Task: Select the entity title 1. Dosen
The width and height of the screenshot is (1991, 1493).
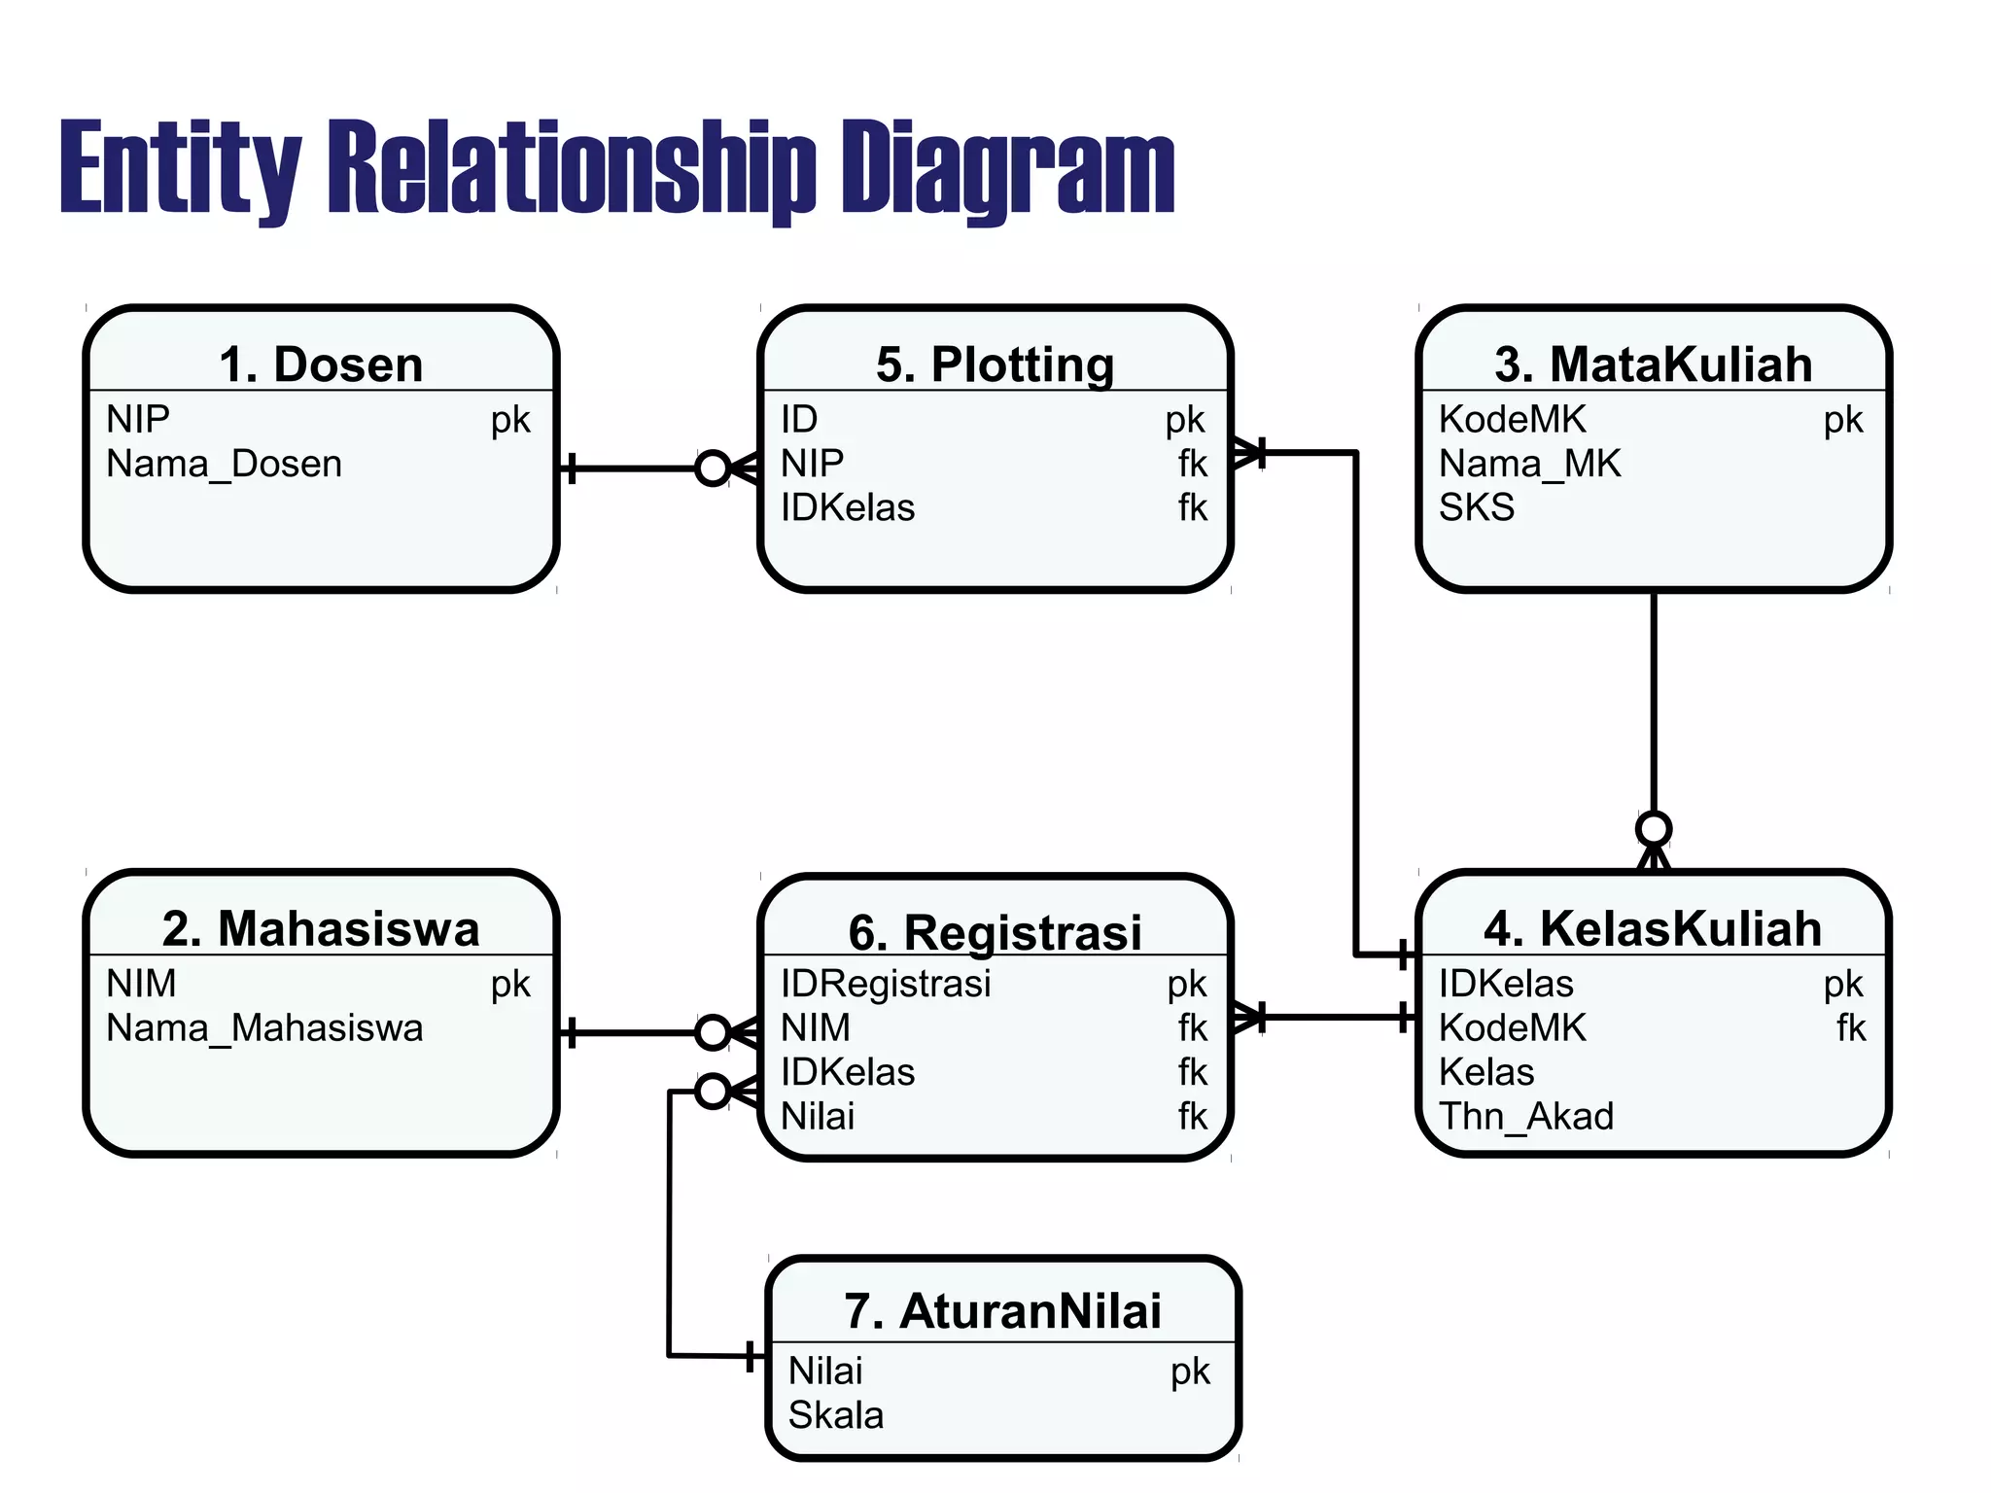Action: point(321,365)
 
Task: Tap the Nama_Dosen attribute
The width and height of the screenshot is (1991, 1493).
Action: point(224,464)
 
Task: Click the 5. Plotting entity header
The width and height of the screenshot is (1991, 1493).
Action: point(995,365)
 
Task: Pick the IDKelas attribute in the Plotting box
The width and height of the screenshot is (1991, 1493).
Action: point(848,507)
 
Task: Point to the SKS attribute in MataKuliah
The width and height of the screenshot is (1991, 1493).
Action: point(1476,507)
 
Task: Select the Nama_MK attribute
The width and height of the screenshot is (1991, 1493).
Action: point(1529,464)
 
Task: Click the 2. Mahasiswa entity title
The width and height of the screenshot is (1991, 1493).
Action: point(321,928)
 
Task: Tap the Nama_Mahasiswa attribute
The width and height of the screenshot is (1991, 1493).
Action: point(264,1027)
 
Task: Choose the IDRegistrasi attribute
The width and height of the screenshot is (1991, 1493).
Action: point(886,984)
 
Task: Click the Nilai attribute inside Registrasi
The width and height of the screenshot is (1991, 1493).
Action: point(818,1116)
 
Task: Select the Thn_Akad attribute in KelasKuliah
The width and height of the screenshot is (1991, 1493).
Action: point(1525,1116)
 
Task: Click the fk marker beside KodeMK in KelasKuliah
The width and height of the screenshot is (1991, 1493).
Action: point(1851,1027)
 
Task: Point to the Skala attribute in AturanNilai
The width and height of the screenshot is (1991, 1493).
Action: point(836,1415)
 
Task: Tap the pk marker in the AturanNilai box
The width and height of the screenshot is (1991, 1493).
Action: point(1190,1371)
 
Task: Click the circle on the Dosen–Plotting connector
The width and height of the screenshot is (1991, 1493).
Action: point(713,469)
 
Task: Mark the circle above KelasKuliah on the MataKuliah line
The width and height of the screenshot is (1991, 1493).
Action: point(1653,829)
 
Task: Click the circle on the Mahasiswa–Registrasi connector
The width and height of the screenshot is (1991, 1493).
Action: point(713,1032)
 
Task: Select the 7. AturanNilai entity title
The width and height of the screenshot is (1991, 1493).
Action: point(1002,1311)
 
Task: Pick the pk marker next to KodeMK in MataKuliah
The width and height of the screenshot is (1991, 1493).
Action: point(1842,420)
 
